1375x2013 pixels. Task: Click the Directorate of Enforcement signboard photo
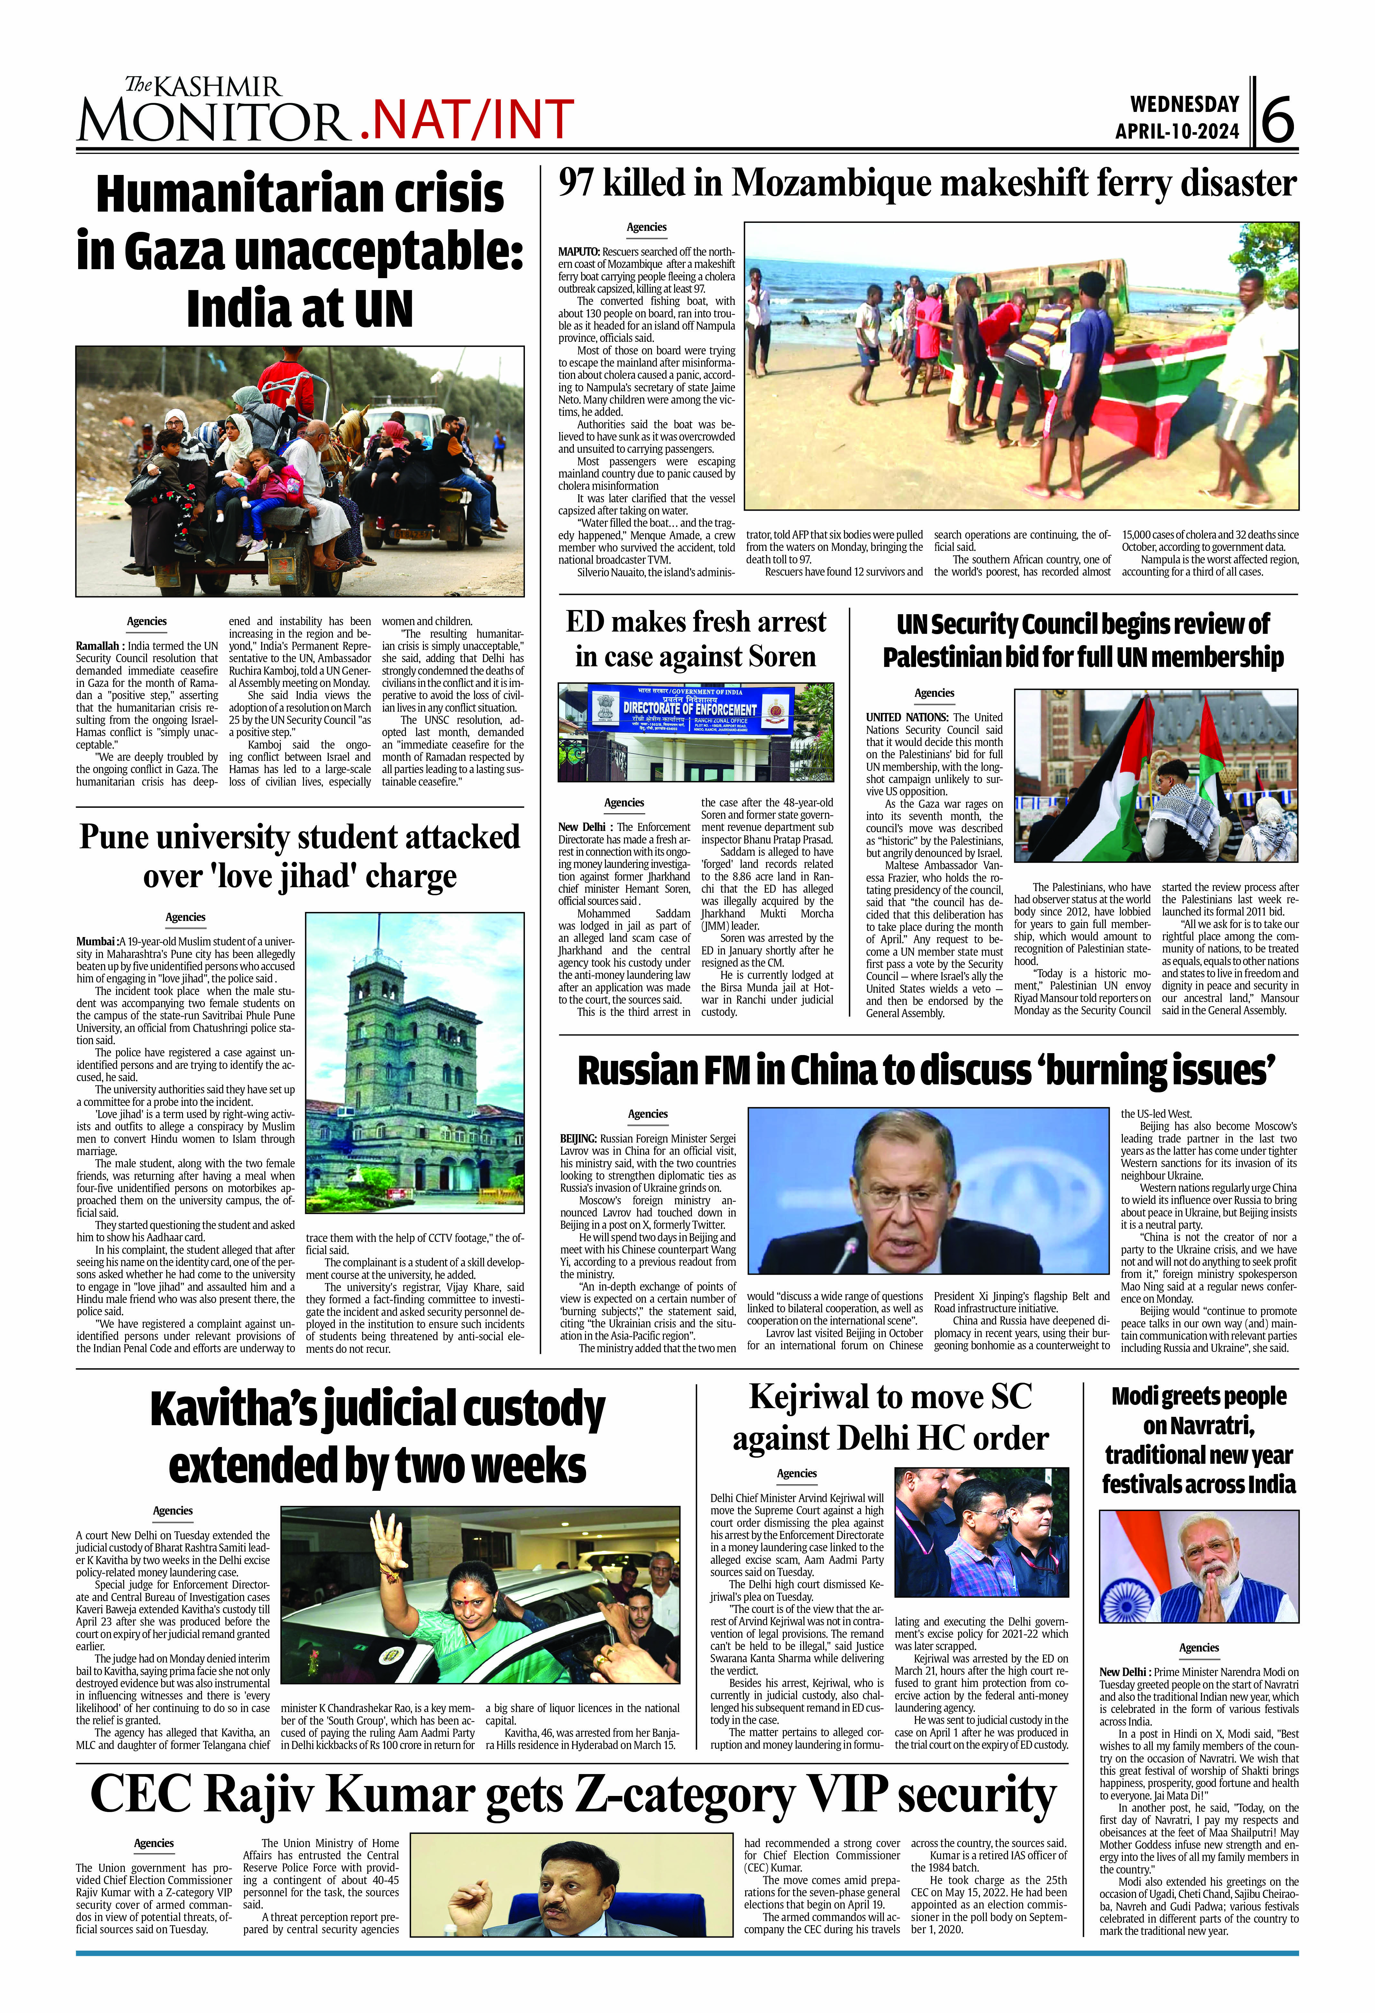tap(696, 732)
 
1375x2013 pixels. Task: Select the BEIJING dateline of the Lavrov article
tap(578, 1138)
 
